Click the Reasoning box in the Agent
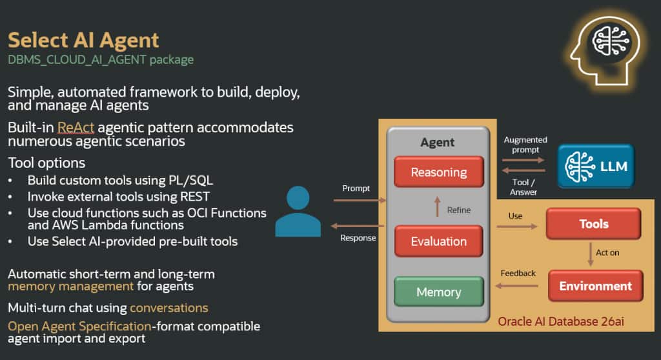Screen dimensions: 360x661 pos(438,172)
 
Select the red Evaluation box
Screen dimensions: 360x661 pos(438,241)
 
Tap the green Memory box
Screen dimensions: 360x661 pos(438,292)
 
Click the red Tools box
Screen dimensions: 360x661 pos(593,224)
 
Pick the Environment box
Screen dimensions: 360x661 pos(595,286)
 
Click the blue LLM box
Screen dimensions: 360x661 pos(596,166)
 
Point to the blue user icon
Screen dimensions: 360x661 pos(298,211)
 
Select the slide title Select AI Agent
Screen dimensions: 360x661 pos(83,40)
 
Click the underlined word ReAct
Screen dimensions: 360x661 pos(74,127)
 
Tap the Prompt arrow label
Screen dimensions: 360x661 pos(356,188)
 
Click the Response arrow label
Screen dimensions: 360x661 pos(358,237)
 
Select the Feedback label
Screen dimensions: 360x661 pos(518,273)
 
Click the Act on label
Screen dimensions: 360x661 pos(607,252)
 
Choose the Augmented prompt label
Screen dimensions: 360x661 pos(525,145)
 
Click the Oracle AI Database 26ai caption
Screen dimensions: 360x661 pos(561,321)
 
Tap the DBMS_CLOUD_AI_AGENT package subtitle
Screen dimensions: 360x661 pos(101,60)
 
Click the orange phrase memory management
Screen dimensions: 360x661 pos(71,286)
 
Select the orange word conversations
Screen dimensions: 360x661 pos(168,308)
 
